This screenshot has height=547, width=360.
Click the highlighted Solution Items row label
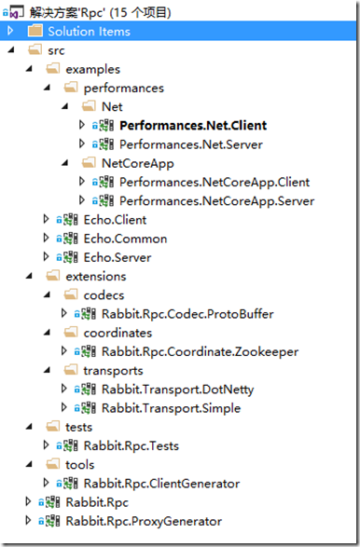coord(90,31)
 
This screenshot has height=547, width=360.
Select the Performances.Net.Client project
coord(193,125)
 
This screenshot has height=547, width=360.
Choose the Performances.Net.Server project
coord(192,144)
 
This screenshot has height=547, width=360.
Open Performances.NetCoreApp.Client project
coord(215,182)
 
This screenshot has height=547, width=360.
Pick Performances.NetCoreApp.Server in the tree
coord(216,200)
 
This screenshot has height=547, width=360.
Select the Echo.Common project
coord(115,239)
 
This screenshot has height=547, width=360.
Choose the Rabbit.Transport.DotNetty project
coord(166,390)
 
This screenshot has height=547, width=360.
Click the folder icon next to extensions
coord(54,276)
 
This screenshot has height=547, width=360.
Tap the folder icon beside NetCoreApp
coord(90,163)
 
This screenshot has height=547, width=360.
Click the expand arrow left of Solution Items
coord(11,31)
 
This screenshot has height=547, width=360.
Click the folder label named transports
coord(116,370)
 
